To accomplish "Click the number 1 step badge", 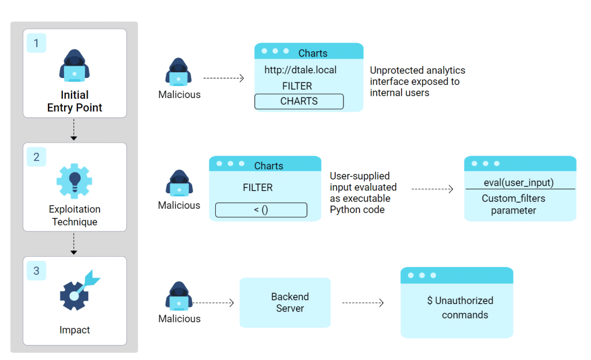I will click(36, 43).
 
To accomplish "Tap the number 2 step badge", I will click(36, 157).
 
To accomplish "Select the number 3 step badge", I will click(36, 271).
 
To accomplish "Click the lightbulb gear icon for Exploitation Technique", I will click(74, 181).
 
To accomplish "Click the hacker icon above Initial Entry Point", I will click(74, 65).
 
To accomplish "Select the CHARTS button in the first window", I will click(299, 102).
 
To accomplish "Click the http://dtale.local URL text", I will click(300, 70).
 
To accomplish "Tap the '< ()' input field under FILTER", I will click(261, 210).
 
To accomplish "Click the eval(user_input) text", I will click(519, 183).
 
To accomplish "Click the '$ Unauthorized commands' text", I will click(461, 307).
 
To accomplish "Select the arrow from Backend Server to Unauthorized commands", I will click(363, 303).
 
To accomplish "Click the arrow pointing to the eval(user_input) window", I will click(432, 189).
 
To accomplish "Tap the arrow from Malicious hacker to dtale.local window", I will click(224, 78).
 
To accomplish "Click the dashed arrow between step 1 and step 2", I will click(74, 130).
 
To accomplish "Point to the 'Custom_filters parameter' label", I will click(514, 205).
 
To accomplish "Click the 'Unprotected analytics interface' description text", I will click(417, 81).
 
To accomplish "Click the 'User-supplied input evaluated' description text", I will click(363, 193).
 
